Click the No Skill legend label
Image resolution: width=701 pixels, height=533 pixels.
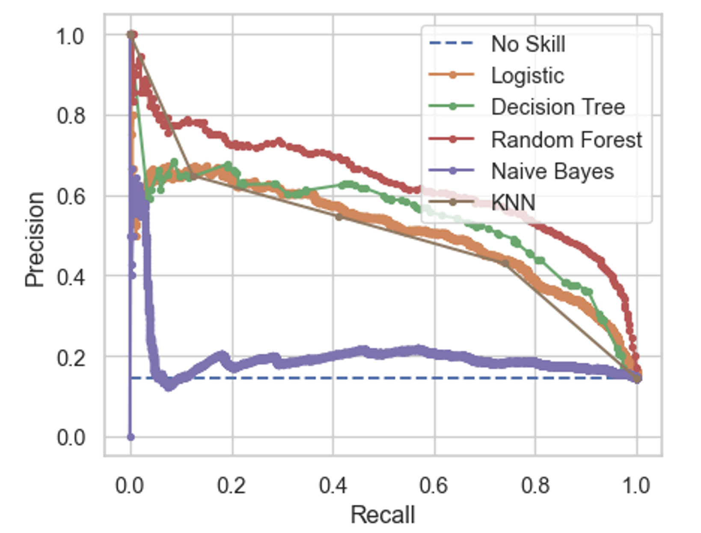coord(528,44)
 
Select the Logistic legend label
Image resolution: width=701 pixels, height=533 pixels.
coord(527,76)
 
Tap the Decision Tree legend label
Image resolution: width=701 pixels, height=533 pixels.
coord(558,107)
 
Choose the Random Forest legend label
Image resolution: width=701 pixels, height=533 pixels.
coord(566,139)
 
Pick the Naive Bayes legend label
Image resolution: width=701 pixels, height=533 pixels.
coord(552,171)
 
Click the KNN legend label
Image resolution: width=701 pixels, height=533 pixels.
coord(513,202)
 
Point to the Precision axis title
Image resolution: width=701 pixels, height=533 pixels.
coord(35,239)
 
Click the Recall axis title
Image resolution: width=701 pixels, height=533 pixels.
coord(383,514)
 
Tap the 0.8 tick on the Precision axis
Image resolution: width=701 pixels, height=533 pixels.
coord(71,115)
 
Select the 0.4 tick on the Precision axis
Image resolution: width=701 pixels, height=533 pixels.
coord(71,277)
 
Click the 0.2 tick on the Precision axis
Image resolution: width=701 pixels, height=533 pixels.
coord(71,357)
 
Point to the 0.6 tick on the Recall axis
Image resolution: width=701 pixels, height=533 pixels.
coord(434,486)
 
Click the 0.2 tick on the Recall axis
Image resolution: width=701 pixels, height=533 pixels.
coord(232,486)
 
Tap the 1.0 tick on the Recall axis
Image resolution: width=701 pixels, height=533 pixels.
coord(636,486)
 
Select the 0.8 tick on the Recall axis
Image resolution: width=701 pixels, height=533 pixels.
coord(535,486)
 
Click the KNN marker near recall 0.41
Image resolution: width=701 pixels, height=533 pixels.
coord(339,217)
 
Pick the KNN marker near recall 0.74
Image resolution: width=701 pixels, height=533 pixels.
coord(505,264)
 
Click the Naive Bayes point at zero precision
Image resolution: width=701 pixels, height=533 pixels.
coord(131,437)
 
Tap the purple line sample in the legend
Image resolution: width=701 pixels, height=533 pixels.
coord(451,171)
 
